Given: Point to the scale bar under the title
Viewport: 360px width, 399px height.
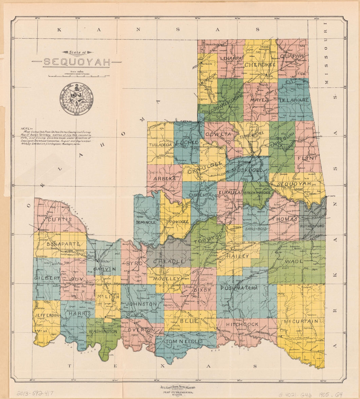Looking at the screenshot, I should tap(77, 76).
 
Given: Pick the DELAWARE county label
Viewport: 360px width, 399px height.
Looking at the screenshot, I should tap(294, 100).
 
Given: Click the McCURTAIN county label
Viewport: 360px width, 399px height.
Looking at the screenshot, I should tap(301, 321).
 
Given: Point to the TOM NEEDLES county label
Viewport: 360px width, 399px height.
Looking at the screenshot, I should tap(184, 341).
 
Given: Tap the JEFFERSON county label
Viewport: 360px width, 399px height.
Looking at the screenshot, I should tap(46, 315).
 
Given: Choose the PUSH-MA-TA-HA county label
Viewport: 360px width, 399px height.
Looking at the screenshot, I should tap(239, 288).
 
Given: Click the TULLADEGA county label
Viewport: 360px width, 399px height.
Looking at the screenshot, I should tap(160, 145).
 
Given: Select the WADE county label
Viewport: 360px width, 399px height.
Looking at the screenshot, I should tap(292, 262).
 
